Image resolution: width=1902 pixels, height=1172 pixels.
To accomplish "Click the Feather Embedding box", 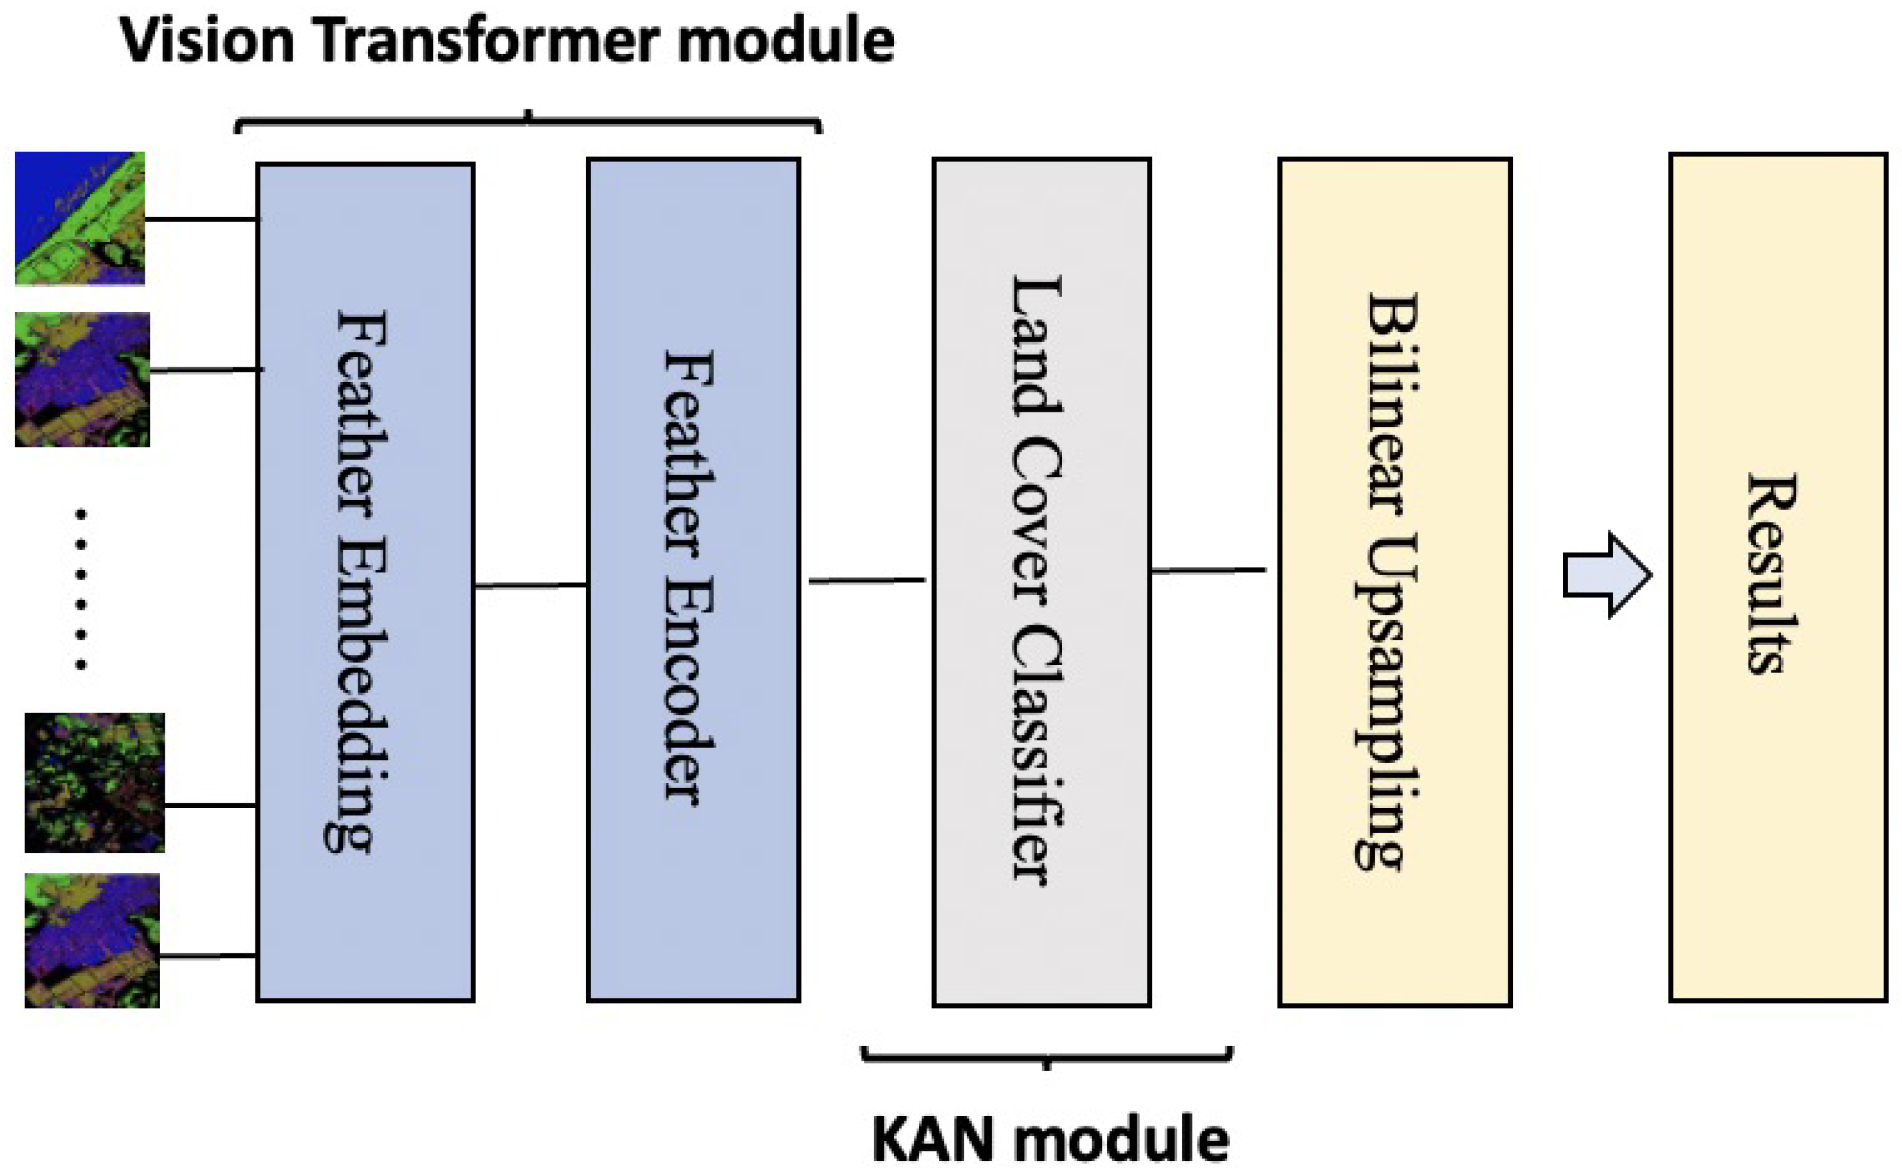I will pos(365,582).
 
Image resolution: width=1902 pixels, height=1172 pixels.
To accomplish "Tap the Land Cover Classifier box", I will pos(1041,582).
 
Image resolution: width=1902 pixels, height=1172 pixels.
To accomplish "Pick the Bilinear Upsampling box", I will pos(1394,582).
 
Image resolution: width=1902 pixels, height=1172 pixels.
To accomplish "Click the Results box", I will pos(1777,578).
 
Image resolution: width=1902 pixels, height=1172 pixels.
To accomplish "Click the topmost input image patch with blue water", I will pos(80,219).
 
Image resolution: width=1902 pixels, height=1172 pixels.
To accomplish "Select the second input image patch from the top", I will pos(82,379).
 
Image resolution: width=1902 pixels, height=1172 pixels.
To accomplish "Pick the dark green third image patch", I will pos(95,782).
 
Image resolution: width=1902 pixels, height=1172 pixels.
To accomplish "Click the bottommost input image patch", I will pos(92,940).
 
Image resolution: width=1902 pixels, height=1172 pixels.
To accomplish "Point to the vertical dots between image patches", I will pos(80,589).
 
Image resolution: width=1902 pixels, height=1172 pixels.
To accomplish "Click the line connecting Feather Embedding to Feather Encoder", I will pos(530,585).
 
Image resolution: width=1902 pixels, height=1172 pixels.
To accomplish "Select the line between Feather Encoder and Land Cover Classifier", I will pos(866,580).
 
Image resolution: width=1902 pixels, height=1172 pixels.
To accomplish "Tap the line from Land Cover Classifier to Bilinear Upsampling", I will pos(1207,571).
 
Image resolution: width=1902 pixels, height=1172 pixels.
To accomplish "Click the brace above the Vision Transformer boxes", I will pos(528,121).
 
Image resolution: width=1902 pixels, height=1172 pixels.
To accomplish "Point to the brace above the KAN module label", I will pos(1047,1056).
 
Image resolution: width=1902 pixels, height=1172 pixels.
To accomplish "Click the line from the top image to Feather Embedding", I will pos(200,219).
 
